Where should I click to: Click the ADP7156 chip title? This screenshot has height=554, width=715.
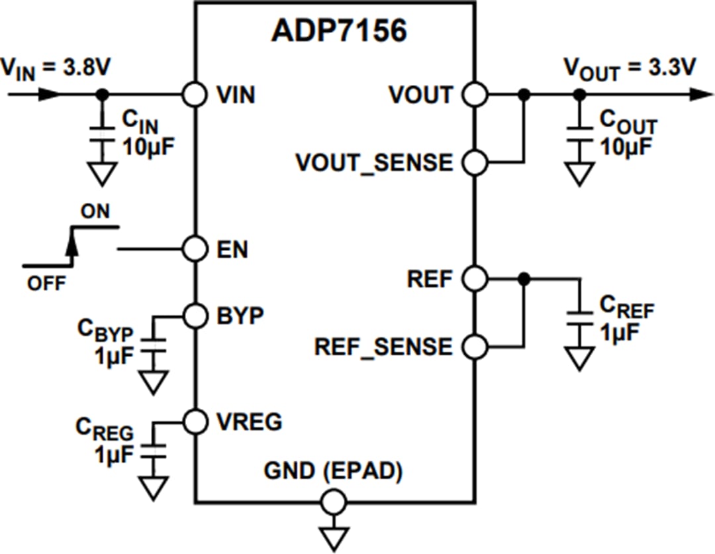(338, 30)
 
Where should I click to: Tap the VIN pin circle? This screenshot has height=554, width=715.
(195, 95)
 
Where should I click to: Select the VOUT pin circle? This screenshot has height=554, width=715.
(475, 95)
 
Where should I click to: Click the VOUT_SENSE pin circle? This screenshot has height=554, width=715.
(475, 162)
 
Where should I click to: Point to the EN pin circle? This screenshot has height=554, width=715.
(195, 250)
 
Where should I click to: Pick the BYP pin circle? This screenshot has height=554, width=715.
(195, 315)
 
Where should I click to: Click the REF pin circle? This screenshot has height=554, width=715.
(475, 279)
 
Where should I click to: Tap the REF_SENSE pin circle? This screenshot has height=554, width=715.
(475, 346)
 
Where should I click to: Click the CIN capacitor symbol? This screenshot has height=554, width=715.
(101, 133)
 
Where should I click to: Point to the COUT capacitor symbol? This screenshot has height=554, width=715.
(580, 133)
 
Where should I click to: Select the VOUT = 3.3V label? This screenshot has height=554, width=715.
(629, 68)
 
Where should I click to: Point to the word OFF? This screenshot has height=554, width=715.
(46, 284)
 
